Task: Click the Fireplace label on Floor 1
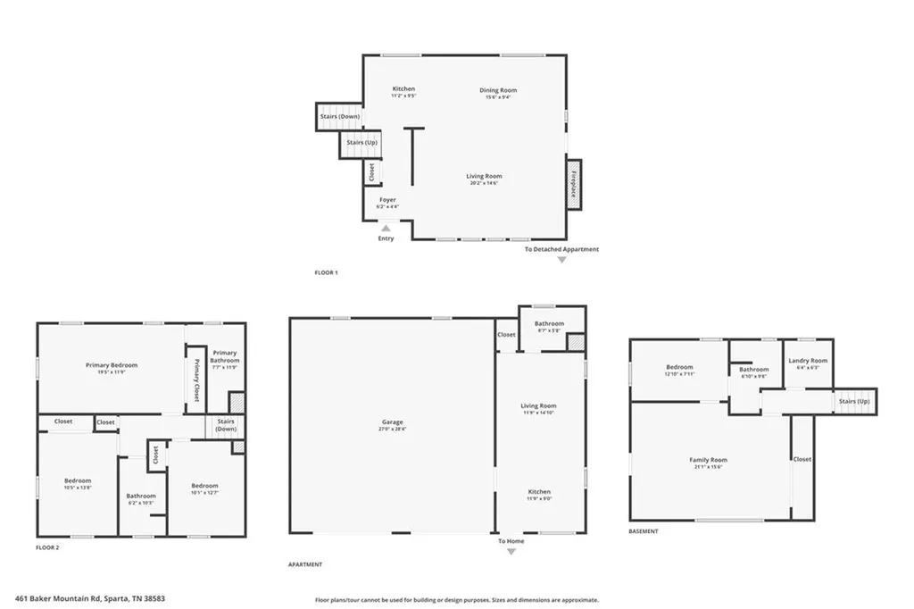pos(574,184)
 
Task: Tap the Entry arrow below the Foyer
pos(386,229)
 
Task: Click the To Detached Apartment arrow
pos(561,260)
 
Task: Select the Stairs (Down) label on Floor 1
pos(339,116)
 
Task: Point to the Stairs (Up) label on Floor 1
pos(361,143)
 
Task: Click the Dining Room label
pos(499,90)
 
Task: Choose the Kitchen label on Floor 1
pos(403,88)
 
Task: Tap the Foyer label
pos(387,200)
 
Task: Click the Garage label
pos(392,421)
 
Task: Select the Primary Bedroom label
pos(111,364)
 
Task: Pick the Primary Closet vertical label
pos(196,382)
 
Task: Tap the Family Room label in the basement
pos(708,460)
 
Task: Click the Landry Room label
pos(808,361)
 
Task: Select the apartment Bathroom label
pos(549,323)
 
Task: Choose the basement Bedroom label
pos(679,367)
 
